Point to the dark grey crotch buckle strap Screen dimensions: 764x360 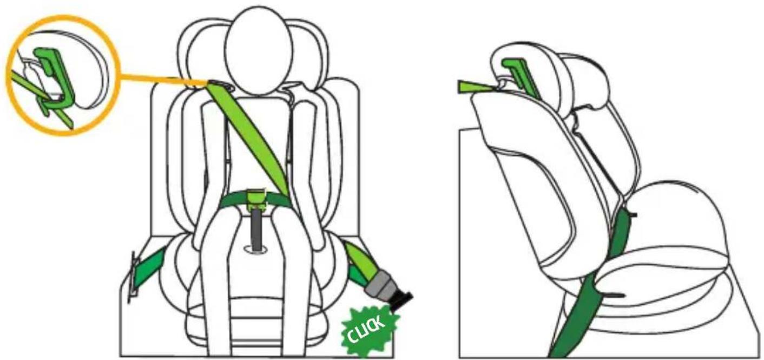258,230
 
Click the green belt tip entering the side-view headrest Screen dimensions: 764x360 475,87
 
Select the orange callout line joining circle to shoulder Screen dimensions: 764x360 164,79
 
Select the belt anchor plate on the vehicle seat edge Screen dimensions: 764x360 132,277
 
